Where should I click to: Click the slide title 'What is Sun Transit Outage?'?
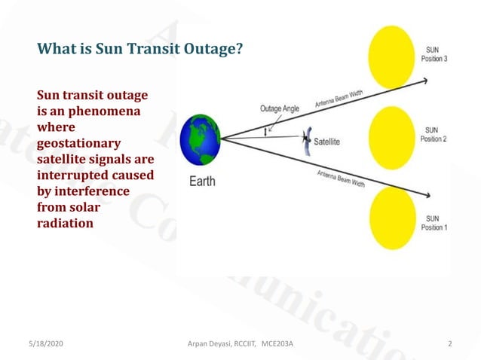tap(140, 50)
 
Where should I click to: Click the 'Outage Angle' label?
tap(280, 108)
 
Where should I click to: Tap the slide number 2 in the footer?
tap(449, 343)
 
